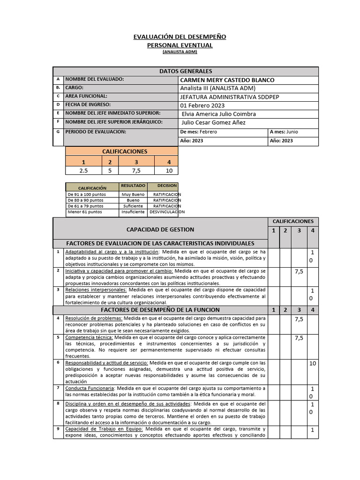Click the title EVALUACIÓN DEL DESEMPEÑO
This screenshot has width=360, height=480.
[180, 37]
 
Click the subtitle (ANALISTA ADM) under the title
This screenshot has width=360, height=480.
[180, 52]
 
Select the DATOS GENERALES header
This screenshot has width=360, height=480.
[186, 71]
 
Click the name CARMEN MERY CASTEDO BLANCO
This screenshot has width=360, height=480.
[227, 80]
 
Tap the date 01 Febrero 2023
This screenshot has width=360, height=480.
[202, 105]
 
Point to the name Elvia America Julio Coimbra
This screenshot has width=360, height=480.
[218, 114]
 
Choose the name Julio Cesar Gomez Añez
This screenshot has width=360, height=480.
[213, 123]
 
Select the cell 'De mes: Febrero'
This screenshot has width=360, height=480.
[199, 132]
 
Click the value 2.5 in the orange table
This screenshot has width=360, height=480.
[84, 171]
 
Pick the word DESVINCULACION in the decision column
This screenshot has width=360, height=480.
[167, 212]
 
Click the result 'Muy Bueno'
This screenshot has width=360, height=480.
[133, 194]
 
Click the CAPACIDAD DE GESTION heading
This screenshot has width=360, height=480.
[160, 229]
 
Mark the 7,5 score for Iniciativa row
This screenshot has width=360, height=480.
[299, 271]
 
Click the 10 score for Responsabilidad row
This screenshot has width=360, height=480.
[313, 363]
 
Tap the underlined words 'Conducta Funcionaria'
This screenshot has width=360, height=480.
[90, 388]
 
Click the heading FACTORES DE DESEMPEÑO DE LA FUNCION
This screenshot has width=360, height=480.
[160, 310]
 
